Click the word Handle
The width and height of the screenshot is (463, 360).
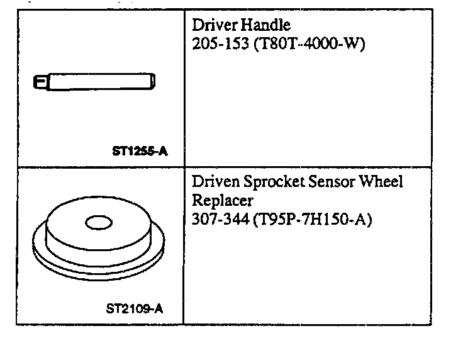tap(268, 25)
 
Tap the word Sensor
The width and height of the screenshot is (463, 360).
tap(332, 182)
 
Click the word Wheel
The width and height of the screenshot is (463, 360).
tap(382, 182)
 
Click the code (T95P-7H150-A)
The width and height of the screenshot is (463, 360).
tap(311, 220)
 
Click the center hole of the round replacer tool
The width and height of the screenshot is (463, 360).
tap(98, 222)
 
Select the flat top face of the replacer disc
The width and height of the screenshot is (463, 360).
tap(126, 220)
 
